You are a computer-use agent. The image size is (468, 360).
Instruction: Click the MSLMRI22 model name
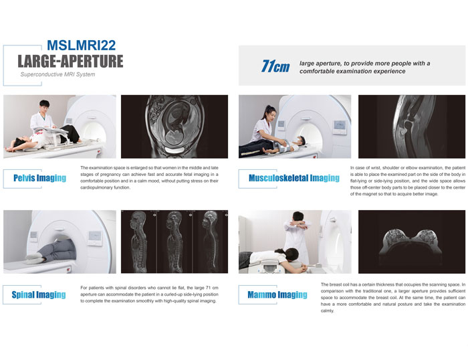pyautogui.click(x=81, y=45)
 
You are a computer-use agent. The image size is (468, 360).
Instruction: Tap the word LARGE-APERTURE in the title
pyautogui.click(x=70, y=62)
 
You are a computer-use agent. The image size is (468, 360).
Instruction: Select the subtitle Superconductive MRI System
pyautogui.click(x=57, y=74)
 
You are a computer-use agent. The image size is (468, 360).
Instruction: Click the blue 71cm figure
pyautogui.click(x=275, y=66)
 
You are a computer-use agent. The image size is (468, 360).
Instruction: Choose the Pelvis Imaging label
pyautogui.click(x=39, y=178)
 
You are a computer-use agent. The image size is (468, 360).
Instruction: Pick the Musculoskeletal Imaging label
pyautogui.click(x=294, y=178)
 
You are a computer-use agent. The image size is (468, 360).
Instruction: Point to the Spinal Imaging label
pyautogui.click(x=39, y=295)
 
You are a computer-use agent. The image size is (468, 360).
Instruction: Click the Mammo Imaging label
pyautogui.click(x=277, y=295)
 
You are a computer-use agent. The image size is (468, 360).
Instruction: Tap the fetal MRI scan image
pyautogui.click(x=174, y=126)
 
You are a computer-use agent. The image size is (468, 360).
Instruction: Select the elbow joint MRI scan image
pyautogui.click(x=412, y=126)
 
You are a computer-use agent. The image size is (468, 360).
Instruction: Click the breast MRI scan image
pyautogui.click(x=412, y=242)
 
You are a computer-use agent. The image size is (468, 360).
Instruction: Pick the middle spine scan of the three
pyautogui.click(x=174, y=242)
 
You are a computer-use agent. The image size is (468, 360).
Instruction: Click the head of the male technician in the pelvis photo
pyautogui.click(x=44, y=106)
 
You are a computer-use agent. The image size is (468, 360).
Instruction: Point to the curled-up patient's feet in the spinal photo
pyautogui.click(x=33, y=258)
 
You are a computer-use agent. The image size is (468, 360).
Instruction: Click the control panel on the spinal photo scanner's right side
pyautogui.click(x=95, y=238)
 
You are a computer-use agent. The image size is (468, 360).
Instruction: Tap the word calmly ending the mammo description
pyautogui.click(x=328, y=310)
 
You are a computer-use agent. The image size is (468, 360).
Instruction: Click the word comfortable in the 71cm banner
pyautogui.click(x=315, y=72)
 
